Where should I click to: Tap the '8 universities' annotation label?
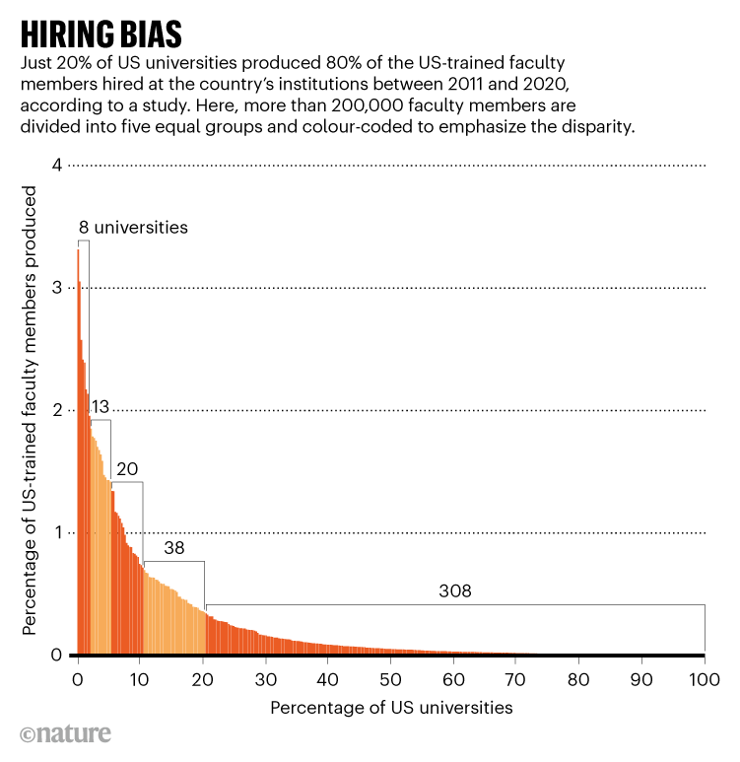(x=133, y=227)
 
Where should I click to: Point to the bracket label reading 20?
(x=127, y=469)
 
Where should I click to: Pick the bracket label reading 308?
(x=455, y=591)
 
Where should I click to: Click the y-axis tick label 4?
(x=57, y=165)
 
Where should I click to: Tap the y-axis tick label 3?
(x=57, y=288)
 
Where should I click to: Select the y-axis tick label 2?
(x=57, y=410)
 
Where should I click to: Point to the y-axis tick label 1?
(x=57, y=533)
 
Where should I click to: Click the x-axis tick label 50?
(x=391, y=679)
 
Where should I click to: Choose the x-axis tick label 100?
(x=704, y=679)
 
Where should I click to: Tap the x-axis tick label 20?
(x=203, y=679)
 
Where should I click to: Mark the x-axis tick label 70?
(x=516, y=679)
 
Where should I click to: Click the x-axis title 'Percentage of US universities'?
(x=391, y=707)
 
